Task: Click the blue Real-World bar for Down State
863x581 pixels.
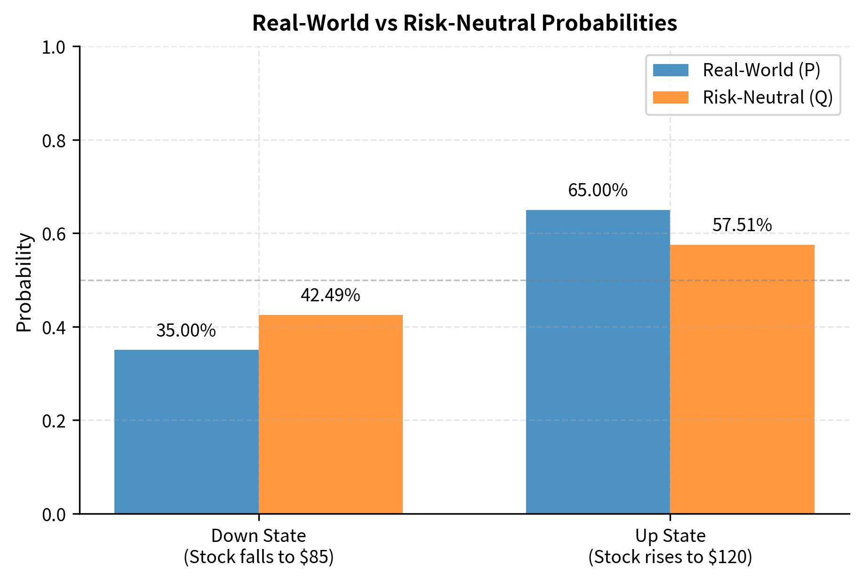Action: [x=186, y=431]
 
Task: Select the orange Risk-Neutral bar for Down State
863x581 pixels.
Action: [x=330, y=414]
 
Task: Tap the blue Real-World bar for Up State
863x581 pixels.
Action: [x=598, y=362]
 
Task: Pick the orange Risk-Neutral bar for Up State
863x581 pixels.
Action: [x=742, y=379]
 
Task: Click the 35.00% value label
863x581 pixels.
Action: [x=186, y=331]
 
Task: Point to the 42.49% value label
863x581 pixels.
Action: [x=330, y=295]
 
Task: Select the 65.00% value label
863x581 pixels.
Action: [x=598, y=190]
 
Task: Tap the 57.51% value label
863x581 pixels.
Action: [x=742, y=225]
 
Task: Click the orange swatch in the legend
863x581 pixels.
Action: [x=671, y=97]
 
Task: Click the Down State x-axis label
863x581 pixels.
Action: [x=258, y=536]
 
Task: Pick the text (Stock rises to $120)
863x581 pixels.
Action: [x=670, y=557]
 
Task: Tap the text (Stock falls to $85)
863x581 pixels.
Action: [x=258, y=557]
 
